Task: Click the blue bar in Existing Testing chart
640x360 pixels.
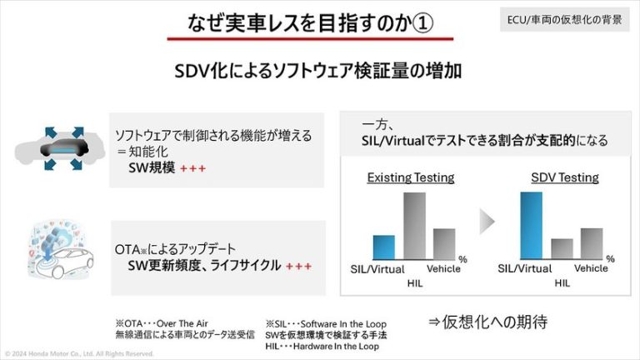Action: pos(383,247)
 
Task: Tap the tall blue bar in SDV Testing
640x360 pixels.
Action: pos(531,226)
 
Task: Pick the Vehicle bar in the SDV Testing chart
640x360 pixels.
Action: pos(591,243)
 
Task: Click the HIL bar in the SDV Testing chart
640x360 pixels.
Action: pos(562,248)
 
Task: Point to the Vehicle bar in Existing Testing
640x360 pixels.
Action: pos(443,243)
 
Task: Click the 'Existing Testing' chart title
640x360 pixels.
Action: pos(411,177)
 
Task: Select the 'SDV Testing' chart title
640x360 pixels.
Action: pos(564,177)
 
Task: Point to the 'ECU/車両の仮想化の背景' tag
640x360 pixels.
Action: pos(575,18)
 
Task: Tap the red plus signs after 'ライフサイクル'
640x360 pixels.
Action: pos(297,267)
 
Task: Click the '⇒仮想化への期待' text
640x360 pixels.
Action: pos(488,322)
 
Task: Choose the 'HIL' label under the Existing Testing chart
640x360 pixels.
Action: pos(415,283)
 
